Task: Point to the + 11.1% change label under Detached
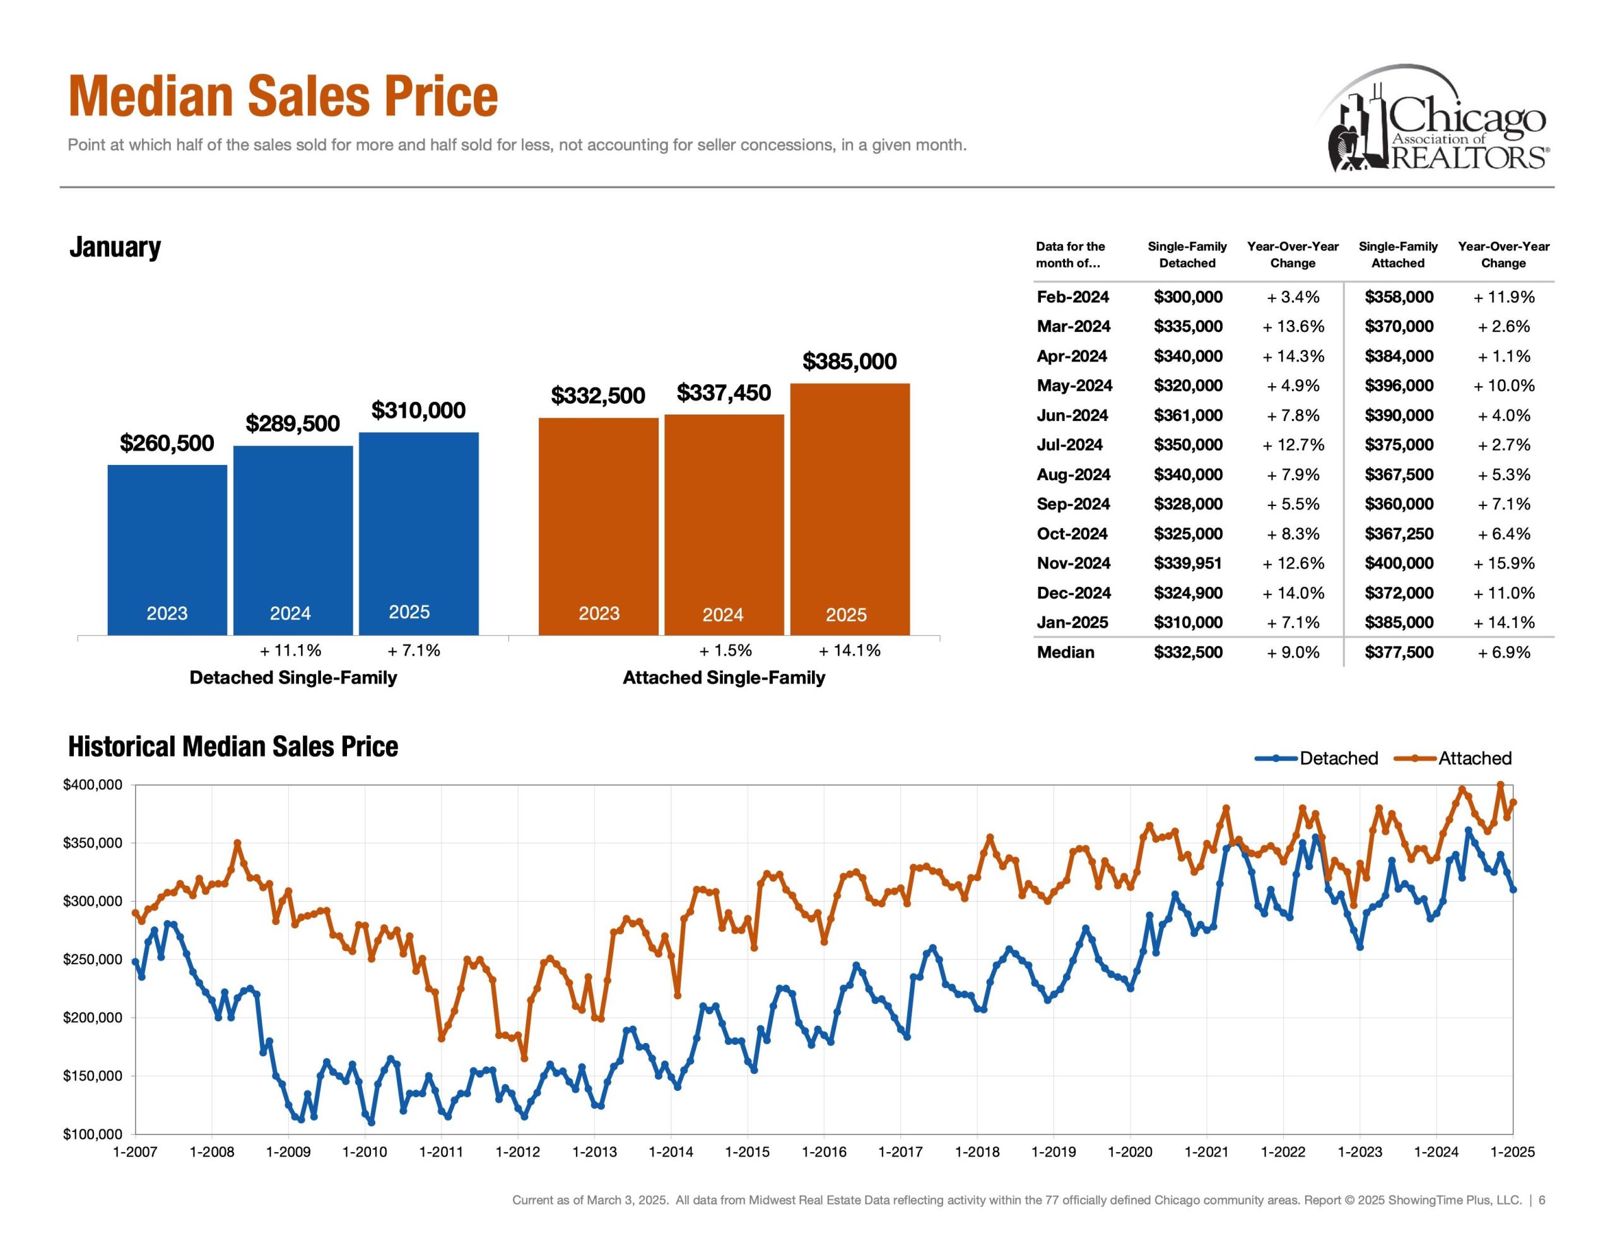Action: pos(291,650)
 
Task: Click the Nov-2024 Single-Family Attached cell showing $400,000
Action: pos(1399,563)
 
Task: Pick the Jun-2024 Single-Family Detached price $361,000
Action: pos(1187,415)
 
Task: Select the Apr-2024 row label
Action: pos(1071,356)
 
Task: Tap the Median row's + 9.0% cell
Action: pos(1293,652)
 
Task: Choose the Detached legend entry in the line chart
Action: pos(1317,758)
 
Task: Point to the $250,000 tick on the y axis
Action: pos(93,960)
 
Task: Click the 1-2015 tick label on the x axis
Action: pos(747,1152)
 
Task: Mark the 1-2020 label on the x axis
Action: pos(1130,1152)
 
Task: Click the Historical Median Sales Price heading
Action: pos(233,746)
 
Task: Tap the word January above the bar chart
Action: pos(115,247)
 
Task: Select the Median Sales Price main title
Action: pos(283,97)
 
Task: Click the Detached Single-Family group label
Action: pos(293,678)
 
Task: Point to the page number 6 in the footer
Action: pos(1542,1200)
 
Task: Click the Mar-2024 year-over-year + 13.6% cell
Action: pos(1293,326)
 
